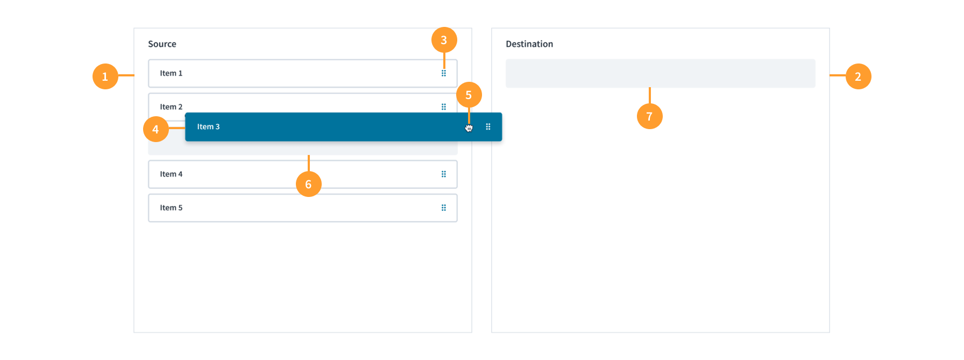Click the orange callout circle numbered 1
click(105, 76)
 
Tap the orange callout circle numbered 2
click(858, 76)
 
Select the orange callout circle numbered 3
click(444, 40)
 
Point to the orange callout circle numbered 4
click(156, 129)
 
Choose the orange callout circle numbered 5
click(469, 95)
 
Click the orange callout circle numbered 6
click(309, 184)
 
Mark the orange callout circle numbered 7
click(649, 116)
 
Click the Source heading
click(162, 44)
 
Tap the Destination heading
click(529, 44)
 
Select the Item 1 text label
click(171, 73)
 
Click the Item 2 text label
click(171, 107)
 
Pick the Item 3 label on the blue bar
click(208, 127)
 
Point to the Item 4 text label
click(171, 174)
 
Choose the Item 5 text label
click(171, 208)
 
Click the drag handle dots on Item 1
click(444, 73)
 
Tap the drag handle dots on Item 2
click(444, 107)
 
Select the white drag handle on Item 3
click(488, 127)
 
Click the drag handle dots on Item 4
click(444, 174)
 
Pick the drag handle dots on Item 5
click(444, 208)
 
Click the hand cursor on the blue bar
click(469, 128)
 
